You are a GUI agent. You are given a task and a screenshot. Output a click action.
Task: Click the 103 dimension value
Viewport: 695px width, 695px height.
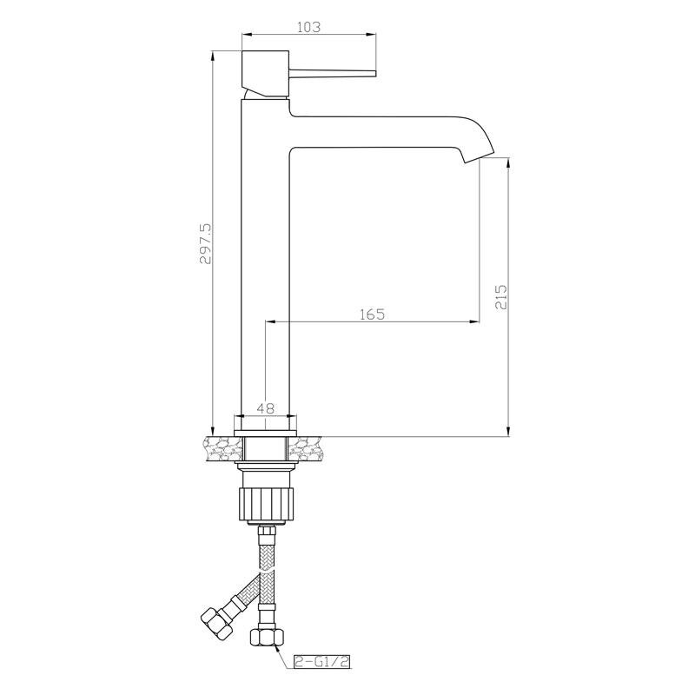(x=308, y=27)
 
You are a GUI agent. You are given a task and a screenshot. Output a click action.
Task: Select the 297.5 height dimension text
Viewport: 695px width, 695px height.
(x=206, y=244)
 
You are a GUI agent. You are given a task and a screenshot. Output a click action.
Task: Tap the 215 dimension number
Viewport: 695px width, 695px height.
(x=501, y=296)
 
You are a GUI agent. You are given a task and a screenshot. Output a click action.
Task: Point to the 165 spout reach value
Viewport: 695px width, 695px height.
(x=373, y=314)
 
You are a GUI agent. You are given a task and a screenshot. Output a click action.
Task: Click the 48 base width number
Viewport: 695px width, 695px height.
(x=266, y=407)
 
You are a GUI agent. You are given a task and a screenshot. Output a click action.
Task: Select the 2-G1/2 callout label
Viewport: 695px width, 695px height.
(x=321, y=662)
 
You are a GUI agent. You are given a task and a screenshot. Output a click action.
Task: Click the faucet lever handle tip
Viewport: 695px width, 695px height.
(x=374, y=73)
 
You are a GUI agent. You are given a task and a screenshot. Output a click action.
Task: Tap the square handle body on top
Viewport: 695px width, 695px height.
(x=266, y=73)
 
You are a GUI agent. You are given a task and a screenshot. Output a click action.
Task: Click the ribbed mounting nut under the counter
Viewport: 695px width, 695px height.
(x=266, y=503)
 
